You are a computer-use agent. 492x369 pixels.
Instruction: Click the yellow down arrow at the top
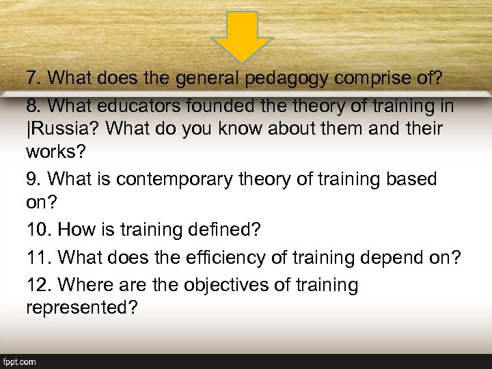pyautogui.click(x=243, y=36)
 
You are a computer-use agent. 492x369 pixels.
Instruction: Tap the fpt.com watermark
pyautogui.click(x=20, y=361)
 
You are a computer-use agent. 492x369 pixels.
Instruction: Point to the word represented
pyautogui.click(x=81, y=307)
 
